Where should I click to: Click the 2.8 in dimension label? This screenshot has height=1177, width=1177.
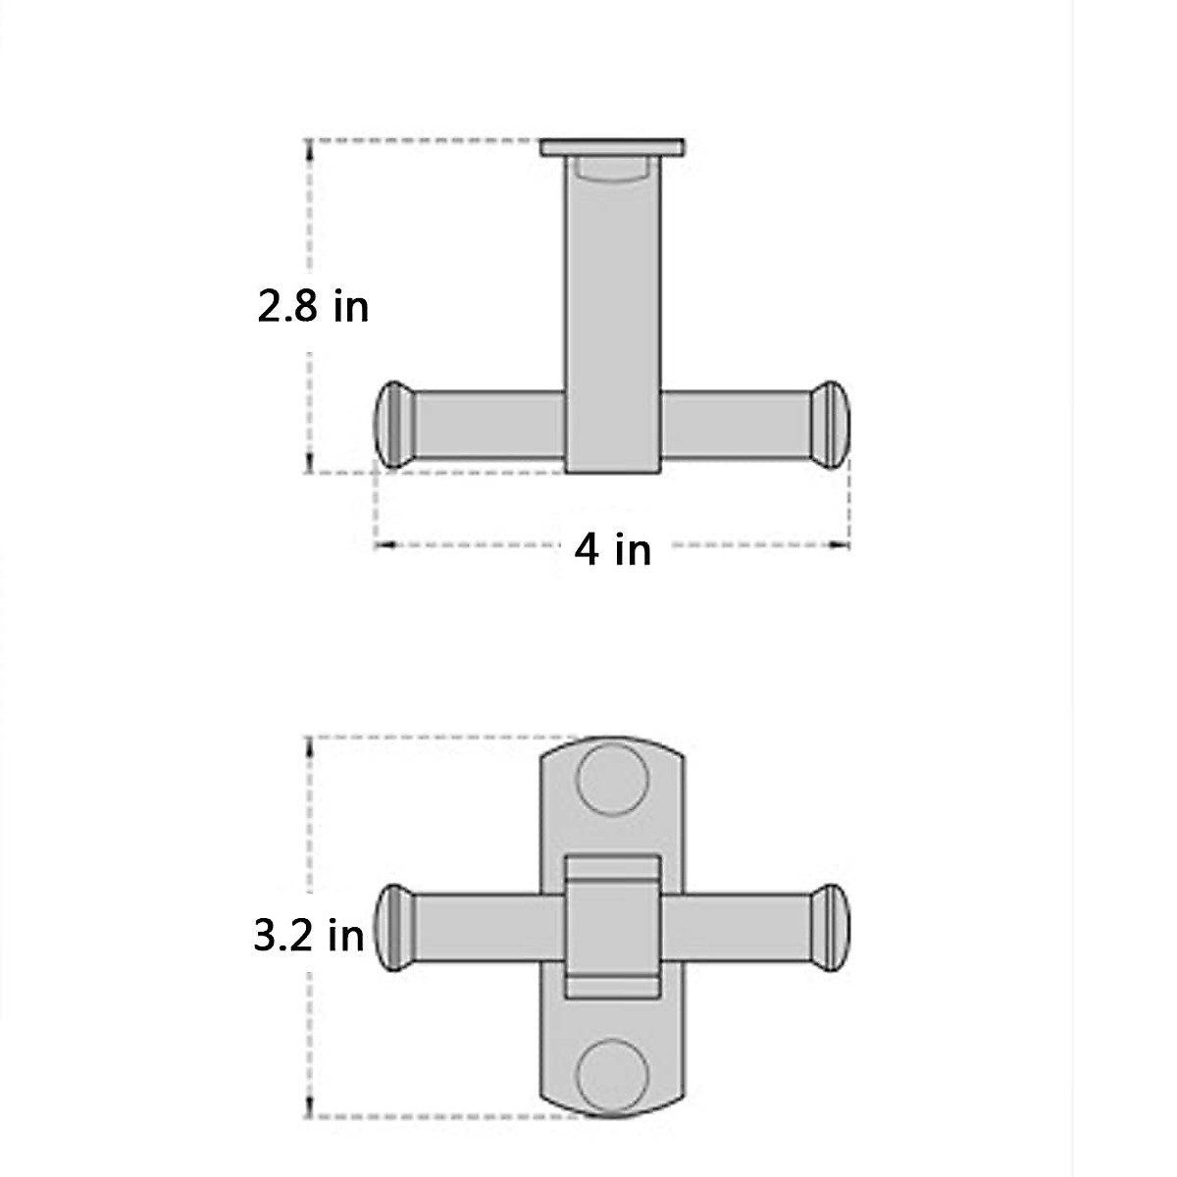[x=313, y=306]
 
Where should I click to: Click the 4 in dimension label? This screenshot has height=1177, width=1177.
[x=613, y=548]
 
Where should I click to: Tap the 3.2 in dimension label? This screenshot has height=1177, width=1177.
[x=309, y=935]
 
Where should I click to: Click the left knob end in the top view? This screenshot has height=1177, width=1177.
[x=392, y=424]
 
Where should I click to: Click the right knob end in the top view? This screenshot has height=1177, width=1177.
[x=833, y=424]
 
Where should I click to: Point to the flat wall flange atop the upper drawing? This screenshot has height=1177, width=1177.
[x=613, y=148]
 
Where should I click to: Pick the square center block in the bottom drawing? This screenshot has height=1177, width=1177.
[x=613, y=927]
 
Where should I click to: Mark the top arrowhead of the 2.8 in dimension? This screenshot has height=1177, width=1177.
[x=310, y=147]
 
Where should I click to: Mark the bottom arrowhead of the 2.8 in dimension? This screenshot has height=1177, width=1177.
[x=310, y=465]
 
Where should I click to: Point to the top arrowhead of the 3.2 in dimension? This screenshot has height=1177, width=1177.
[x=310, y=744]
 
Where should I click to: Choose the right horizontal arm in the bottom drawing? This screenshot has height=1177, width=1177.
[x=736, y=928]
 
